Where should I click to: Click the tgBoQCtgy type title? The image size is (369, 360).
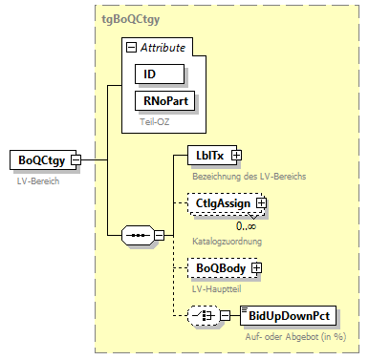[x=133, y=18]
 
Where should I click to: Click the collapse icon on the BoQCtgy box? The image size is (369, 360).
[x=75, y=160]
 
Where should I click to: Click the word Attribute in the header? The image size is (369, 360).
[x=163, y=47]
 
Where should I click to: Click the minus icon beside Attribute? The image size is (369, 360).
[x=131, y=47]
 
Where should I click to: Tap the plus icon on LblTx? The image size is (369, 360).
[x=236, y=155]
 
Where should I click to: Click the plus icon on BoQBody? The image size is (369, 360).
[x=255, y=270]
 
